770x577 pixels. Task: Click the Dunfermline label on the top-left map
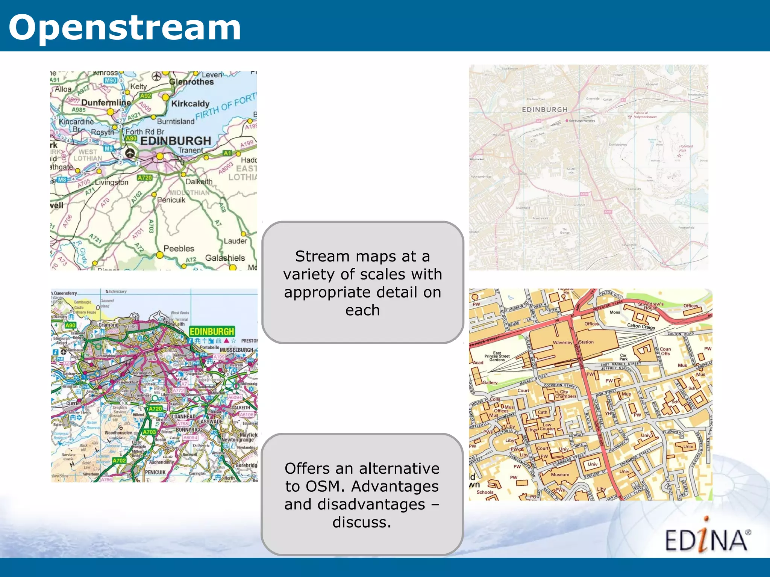pos(106,103)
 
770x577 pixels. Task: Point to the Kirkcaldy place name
pos(190,104)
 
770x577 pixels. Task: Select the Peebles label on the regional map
pos(179,249)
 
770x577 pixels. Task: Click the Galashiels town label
pos(225,258)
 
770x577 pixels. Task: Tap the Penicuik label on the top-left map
pos(171,200)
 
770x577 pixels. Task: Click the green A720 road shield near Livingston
pos(145,178)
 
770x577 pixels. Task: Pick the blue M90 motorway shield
pos(111,80)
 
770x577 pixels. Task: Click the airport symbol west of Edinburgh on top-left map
pos(130,153)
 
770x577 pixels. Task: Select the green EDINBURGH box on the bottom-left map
pos(212,331)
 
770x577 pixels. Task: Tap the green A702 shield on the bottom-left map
pos(119,461)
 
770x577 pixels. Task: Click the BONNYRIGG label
pos(189,430)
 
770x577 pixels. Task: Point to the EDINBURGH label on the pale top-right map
pos(544,109)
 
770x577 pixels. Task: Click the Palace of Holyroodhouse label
pos(645,115)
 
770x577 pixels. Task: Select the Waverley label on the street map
pos(562,343)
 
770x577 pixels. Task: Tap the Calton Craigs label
pos(641,326)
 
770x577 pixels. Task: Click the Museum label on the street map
pos(560,475)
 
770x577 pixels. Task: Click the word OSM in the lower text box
pos(325,486)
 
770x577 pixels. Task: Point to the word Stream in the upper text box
pos(322,256)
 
